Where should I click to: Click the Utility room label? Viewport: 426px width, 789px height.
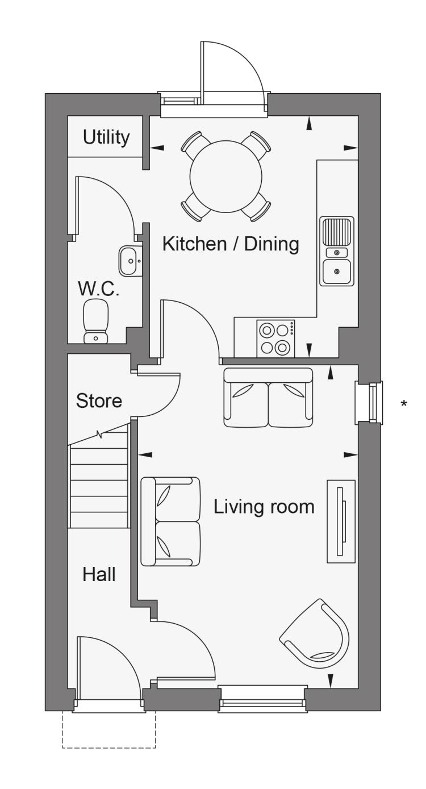click(x=106, y=137)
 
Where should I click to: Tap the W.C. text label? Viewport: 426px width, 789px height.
click(x=99, y=289)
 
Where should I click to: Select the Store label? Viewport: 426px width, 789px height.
click(x=99, y=401)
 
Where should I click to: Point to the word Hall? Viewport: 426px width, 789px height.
click(x=99, y=574)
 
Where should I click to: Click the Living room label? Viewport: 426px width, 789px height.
click(x=264, y=507)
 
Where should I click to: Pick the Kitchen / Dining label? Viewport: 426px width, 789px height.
click(x=231, y=244)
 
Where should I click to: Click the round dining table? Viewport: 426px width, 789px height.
click(x=226, y=177)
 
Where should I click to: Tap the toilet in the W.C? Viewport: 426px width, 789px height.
click(x=96, y=321)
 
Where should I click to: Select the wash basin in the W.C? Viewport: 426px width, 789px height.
click(x=130, y=261)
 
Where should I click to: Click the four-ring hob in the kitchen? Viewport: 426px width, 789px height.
click(x=275, y=339)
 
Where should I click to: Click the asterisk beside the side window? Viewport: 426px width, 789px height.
click(x=404, y=403)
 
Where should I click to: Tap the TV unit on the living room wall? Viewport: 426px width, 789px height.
click(x=341, y=521)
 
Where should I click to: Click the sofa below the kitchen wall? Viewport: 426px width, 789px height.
click(x=268, y=397)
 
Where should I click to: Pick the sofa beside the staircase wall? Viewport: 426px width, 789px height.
click(x=170, y=521)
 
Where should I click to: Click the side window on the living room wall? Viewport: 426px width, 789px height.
click(x=369, y=403)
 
